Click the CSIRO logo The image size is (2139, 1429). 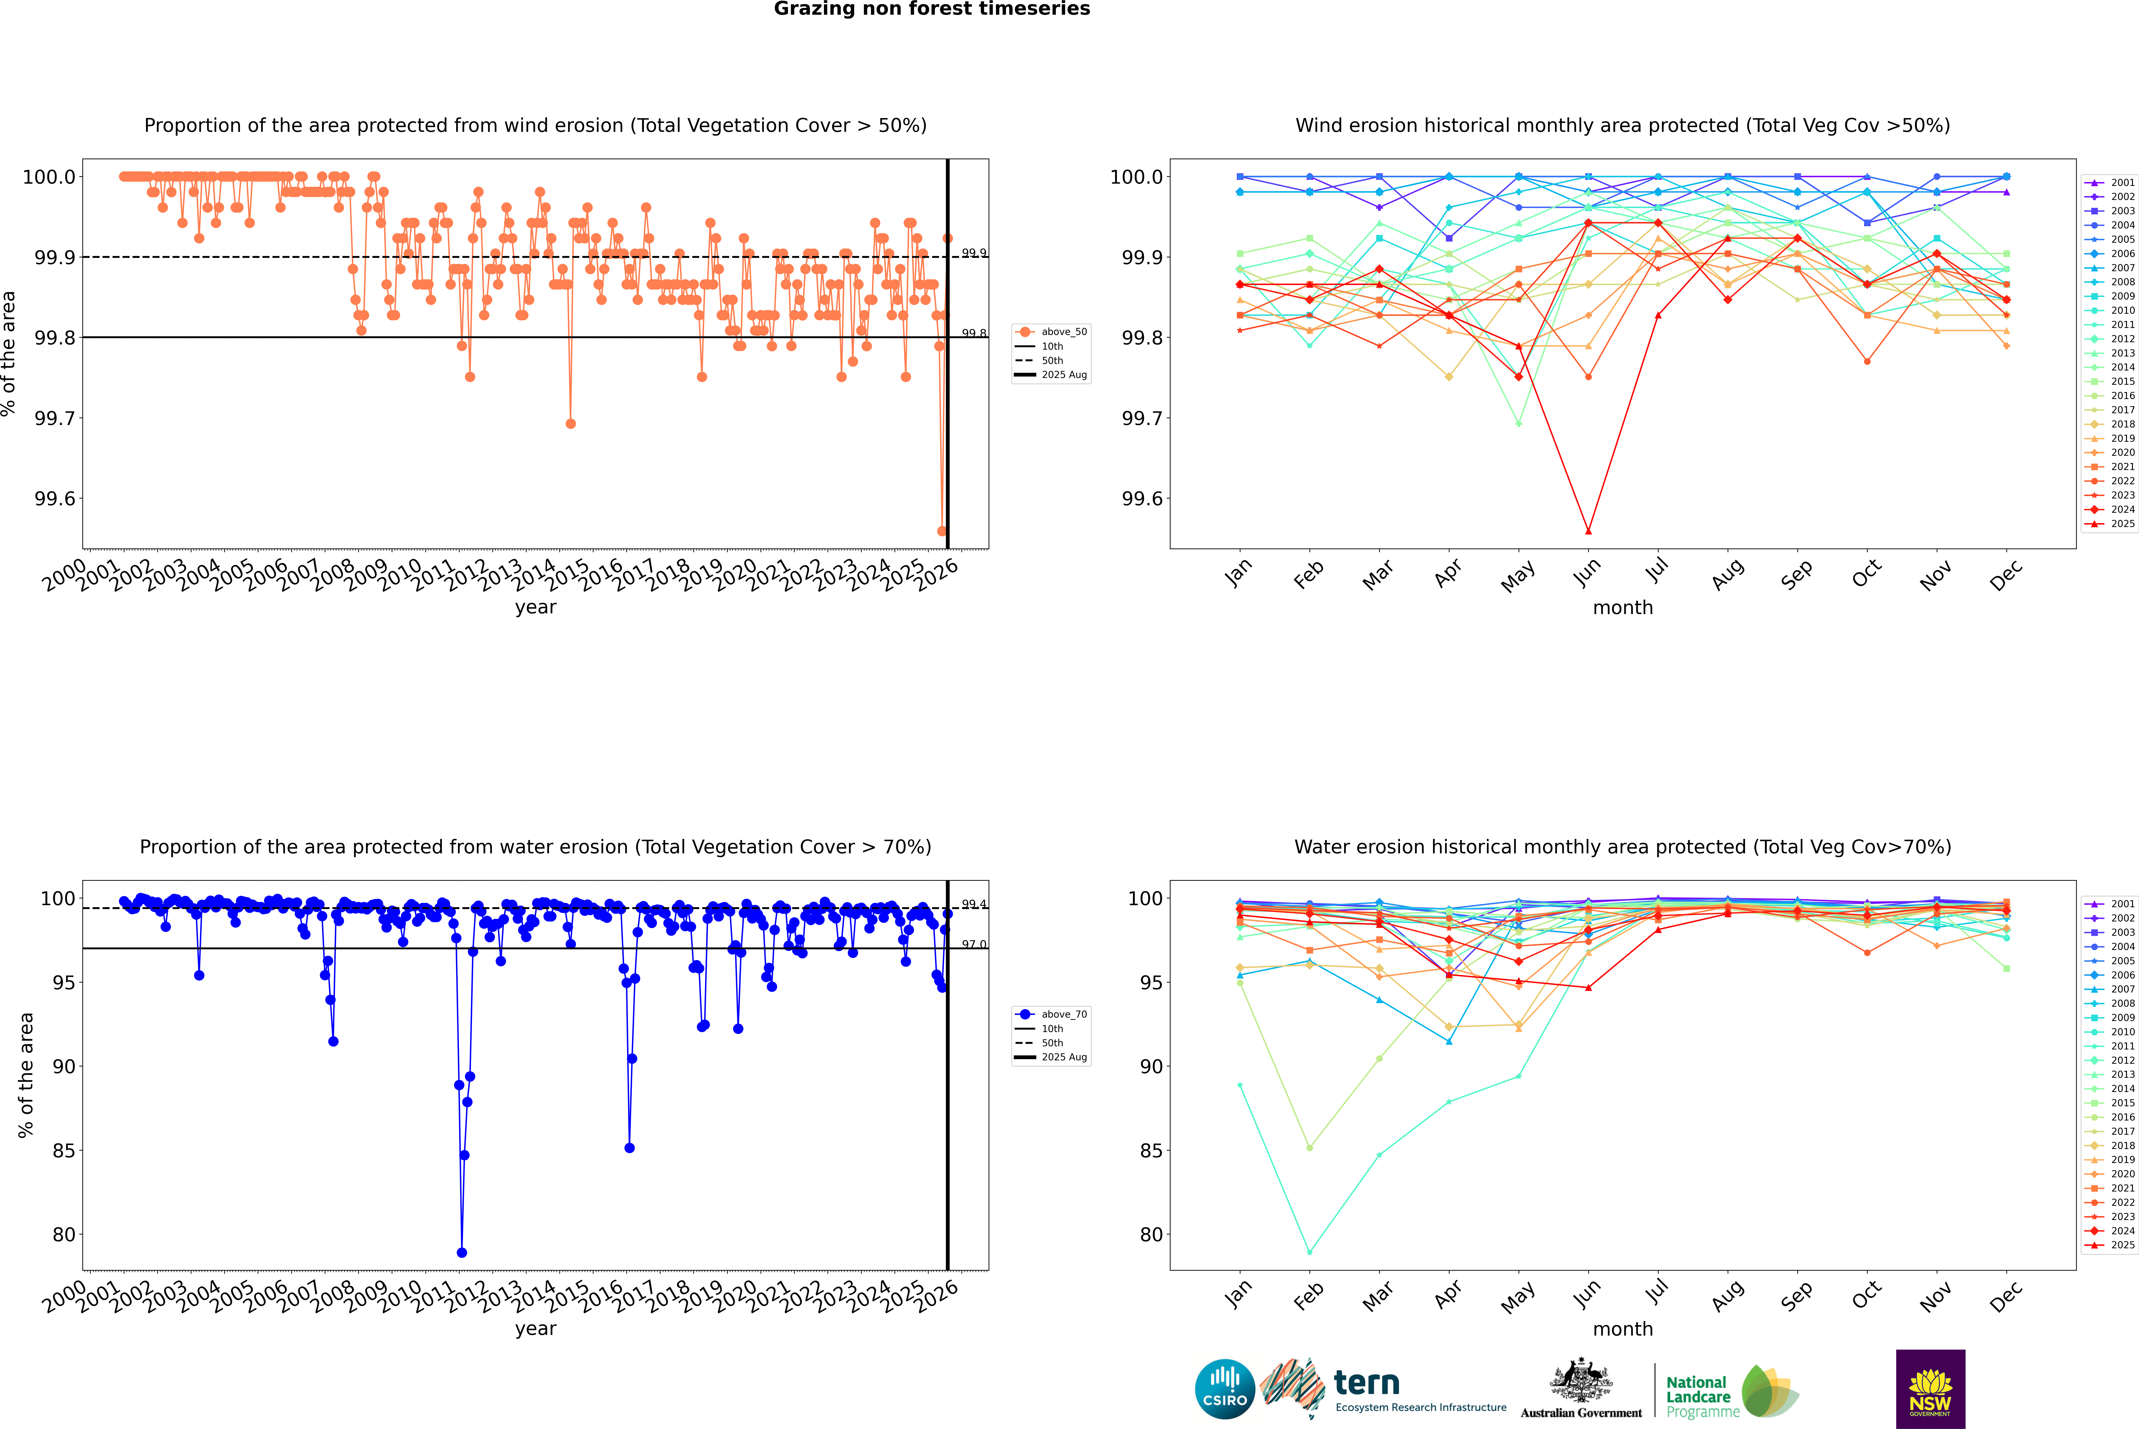click(1225, 1389)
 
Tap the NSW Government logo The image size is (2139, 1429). click(1930, 1389)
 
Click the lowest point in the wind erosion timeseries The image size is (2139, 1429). click(942, 531)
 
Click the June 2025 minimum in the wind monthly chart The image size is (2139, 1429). click(1588, 531)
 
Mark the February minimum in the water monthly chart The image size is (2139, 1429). click(1309, 1252)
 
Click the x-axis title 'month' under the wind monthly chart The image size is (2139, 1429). click(1622, 608)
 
